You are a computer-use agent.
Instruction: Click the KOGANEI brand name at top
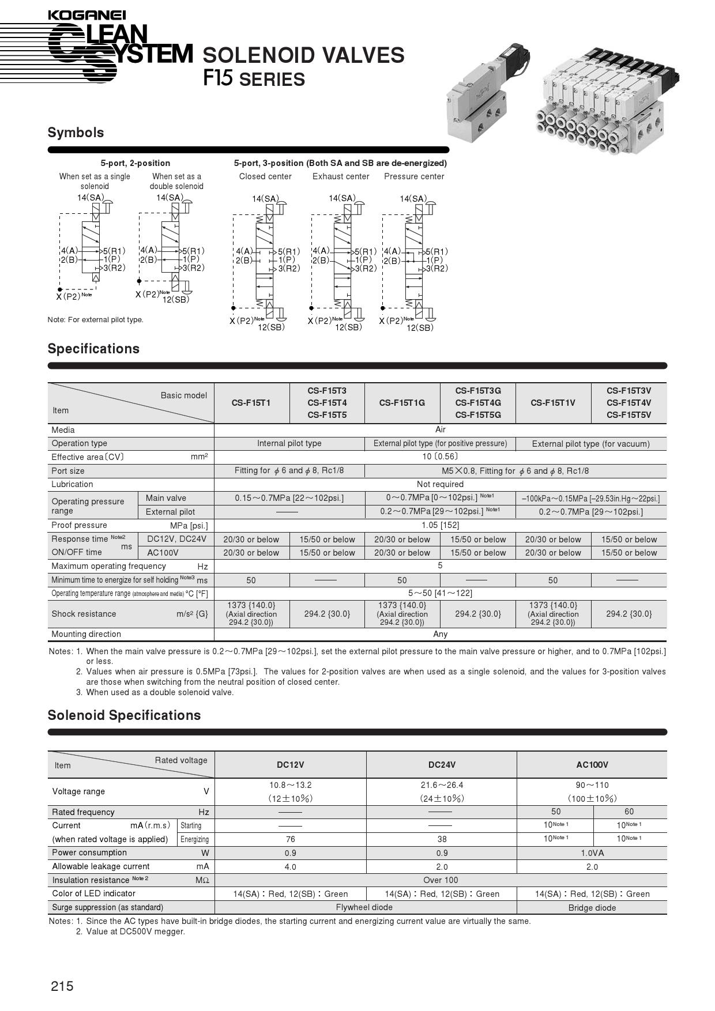click(x=86, y=15)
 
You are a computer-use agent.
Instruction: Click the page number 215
click(x=62, y=986)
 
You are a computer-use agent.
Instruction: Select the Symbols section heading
click(x=76, y=133)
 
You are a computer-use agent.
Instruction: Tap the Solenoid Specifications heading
click(x=124, y=715)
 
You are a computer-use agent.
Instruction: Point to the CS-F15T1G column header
click(x=402, y=403)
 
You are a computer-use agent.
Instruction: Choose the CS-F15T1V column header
click(x=553, y=403)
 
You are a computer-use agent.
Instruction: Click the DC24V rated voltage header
click(x=442, y=765)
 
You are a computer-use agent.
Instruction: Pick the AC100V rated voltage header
click(x=592, y=765)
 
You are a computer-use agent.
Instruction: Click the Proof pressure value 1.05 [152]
click(x=441, y=525)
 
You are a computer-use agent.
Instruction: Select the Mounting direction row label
click(x=86, y=634)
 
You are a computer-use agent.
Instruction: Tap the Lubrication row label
click(x=72, y=484)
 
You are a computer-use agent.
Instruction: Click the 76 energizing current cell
click(x=290, y=839)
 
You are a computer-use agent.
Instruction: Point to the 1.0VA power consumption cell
click(x=592, y=853)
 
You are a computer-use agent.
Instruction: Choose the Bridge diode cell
click(x=592, y=908)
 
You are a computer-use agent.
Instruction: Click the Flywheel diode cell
click(x=364, y=907)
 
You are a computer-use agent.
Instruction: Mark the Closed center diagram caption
click(x=265, y=176)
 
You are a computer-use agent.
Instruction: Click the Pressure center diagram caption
click(x=414, y=176)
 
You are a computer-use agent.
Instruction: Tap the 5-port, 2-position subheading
click(x=136, y=163)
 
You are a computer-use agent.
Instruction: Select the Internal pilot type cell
click(x=289, y=443)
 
